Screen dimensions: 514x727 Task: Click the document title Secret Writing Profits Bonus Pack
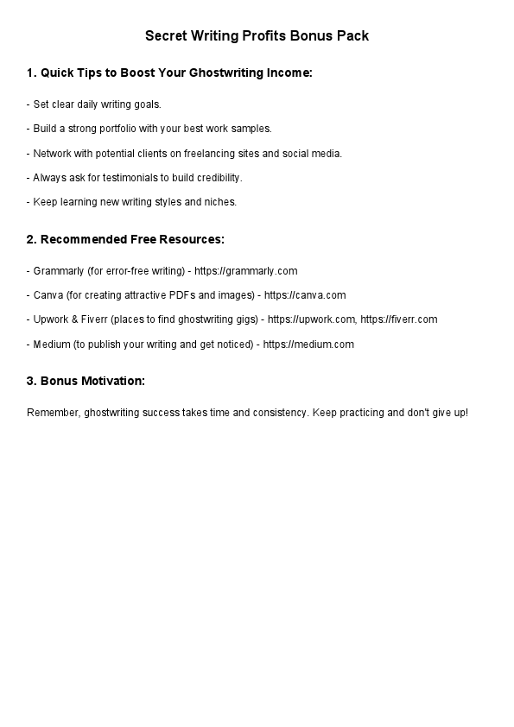pyautogui.click(x=257, y=35)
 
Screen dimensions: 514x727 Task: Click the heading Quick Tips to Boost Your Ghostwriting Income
pyautogui.click(x=169, y=73)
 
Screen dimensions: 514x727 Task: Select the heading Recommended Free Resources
pyautogui.click(x=125, y=239)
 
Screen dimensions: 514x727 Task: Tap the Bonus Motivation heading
pyautogui.click(x=86, y=381)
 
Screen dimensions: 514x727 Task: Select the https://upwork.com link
pyautogui.click(x=311, y=319)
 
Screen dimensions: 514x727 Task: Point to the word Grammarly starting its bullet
pyautogui.click(x=59, y=271)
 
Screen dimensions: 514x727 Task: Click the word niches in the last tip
pyautogui.click(x=220, y=202)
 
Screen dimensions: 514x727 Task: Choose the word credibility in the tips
pyautogui.click(x=218, y=178)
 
